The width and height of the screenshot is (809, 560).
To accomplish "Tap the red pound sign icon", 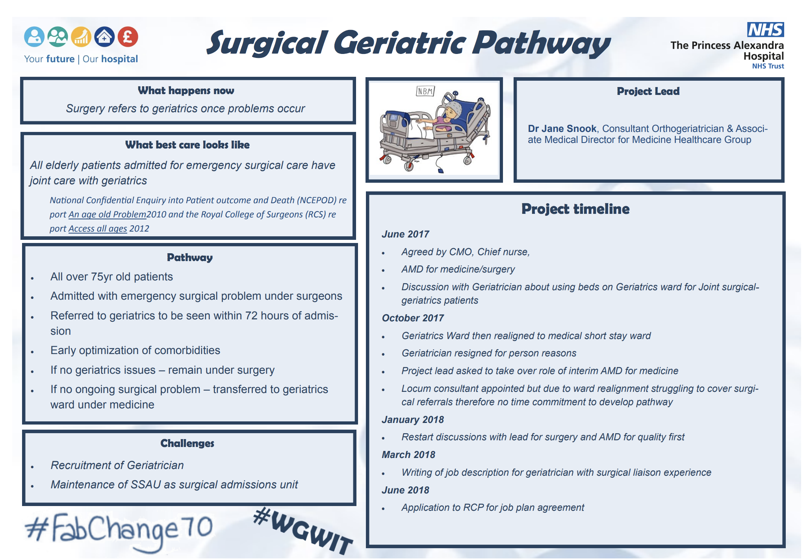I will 128,37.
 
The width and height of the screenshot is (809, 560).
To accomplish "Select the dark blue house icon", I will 104,37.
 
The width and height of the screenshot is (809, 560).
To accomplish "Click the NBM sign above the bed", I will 425,91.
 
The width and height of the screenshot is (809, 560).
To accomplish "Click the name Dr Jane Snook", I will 562,129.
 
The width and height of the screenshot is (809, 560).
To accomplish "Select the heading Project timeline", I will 575,209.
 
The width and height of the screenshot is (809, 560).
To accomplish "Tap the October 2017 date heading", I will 412,318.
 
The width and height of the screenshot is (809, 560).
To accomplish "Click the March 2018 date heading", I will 408,454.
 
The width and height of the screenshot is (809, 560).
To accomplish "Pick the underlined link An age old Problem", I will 107,214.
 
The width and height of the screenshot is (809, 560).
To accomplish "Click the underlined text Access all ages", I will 98,228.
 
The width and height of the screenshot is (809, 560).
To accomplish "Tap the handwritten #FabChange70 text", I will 118,530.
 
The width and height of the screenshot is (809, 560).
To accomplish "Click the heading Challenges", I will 187,443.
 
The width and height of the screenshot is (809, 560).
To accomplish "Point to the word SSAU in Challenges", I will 145,484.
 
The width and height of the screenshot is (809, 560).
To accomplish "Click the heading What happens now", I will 186,91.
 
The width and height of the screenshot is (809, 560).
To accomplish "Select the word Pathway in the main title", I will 542,43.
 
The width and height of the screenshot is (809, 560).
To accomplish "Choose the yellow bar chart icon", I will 81,37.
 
